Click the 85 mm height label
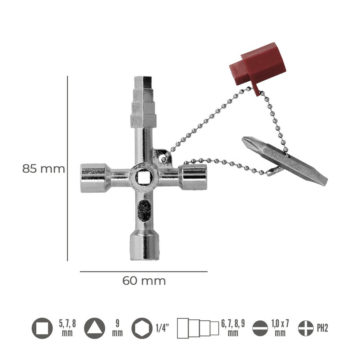tap(44, 169)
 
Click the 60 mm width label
tap(144, 281)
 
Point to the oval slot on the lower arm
tap(144, 211)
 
